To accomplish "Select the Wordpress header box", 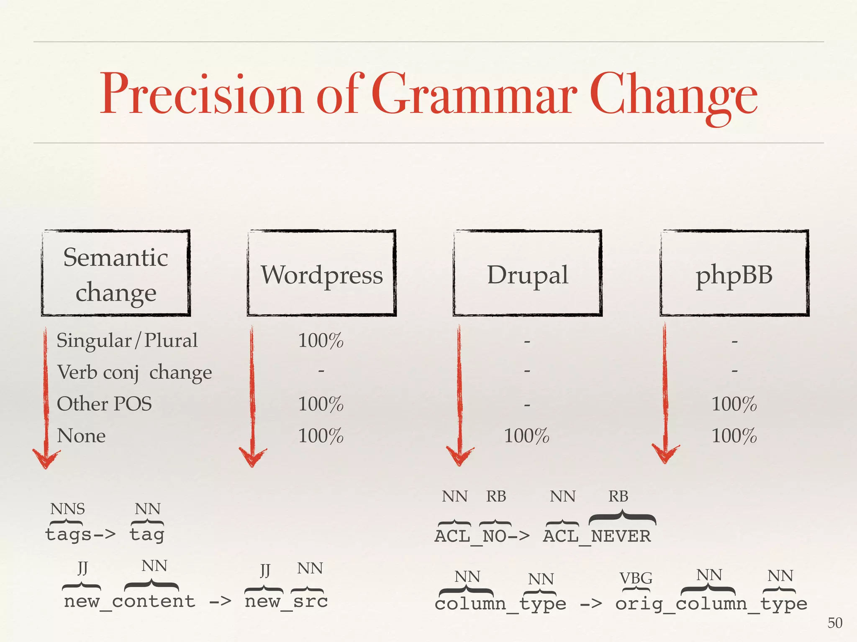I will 322,273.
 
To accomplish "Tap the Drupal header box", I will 527,273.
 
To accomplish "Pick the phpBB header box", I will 734,273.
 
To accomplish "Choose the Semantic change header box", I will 116,273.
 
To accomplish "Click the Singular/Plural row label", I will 127,340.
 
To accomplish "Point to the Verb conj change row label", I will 134,372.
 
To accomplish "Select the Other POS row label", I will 104,404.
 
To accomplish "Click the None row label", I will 81,436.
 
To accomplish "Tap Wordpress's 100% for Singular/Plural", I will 321,341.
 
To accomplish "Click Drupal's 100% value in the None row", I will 526,436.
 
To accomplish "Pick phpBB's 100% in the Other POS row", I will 734,404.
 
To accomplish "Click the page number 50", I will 834,623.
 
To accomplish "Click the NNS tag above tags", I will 67,509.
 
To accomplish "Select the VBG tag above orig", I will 636,578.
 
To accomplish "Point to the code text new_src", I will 286,601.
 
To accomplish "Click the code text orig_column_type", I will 711,604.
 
